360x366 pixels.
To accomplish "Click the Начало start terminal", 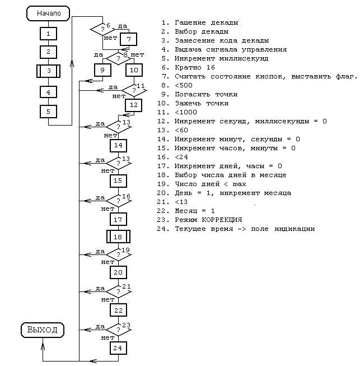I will (48, 13).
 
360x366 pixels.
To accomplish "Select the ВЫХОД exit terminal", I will (43, 330).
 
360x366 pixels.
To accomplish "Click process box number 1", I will (49, 34).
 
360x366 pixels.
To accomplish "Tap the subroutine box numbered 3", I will (49, 72).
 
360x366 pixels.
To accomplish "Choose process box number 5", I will (49, 111).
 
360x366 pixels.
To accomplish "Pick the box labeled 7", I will (128, 39).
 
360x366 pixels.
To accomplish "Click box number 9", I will (102, 70).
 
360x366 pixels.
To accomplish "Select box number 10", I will (134, 70).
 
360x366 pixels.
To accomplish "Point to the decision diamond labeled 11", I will (133, 90).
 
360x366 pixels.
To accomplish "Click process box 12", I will (133, 105).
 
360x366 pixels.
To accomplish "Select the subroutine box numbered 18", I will (118, 237).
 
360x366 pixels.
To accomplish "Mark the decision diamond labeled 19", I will (118, 254).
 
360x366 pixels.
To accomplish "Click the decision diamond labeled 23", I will (118, 329).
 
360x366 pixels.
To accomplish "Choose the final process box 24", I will (118, 348).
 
